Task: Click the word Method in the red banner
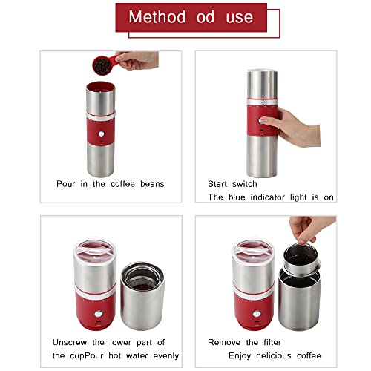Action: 157,17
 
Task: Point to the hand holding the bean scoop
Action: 138,59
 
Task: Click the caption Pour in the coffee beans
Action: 111,183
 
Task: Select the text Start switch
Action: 232,183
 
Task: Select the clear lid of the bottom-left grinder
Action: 94,248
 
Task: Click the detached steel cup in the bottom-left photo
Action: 142,297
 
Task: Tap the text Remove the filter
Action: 245,343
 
